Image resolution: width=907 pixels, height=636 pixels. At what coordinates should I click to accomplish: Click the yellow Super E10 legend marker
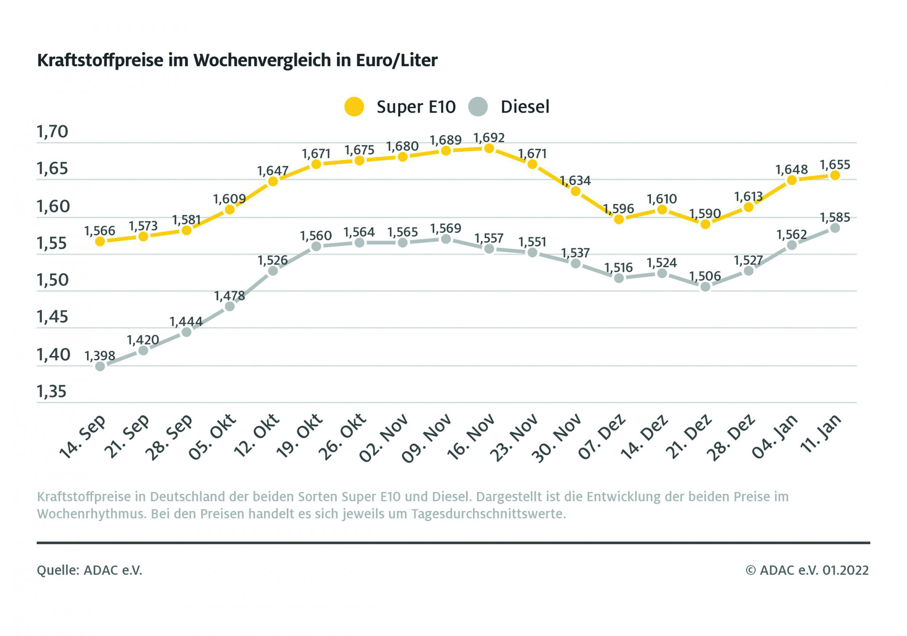354,107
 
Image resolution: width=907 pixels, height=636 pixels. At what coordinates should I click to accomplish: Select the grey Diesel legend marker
478,107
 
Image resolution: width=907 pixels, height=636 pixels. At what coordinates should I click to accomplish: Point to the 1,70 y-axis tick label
52,132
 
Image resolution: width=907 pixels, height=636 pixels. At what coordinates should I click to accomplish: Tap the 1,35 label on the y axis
52,391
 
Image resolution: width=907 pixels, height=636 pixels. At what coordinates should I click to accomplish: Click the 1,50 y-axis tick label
52,280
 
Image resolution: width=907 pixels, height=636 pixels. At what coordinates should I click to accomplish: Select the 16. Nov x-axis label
471,437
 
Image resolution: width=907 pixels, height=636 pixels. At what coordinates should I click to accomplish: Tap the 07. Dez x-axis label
602,437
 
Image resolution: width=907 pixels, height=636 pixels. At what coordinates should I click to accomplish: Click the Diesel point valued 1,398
100,366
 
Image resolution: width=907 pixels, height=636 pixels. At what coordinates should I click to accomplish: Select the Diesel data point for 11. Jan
835,228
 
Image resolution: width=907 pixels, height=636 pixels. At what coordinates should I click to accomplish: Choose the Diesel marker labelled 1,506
705,287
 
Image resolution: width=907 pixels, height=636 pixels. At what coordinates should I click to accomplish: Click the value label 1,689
445,140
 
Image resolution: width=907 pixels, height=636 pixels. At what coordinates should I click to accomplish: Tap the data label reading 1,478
230,296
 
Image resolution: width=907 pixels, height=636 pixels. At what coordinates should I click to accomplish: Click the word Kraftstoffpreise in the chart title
100,60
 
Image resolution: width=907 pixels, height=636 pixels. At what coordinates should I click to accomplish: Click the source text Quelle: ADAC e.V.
90,570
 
